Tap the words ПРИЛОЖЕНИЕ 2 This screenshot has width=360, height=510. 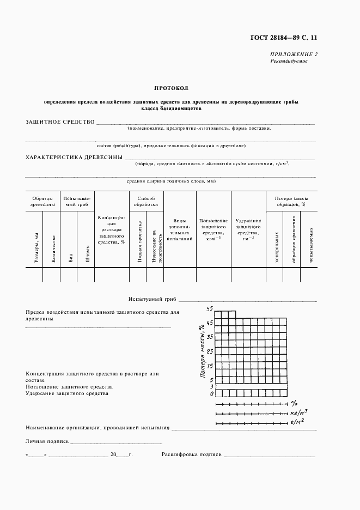pyautogui.click(x=294, y=54)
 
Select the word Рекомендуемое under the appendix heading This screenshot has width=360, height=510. pyautogui.click(x=289, y=61)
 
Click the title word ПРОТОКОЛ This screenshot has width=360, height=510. pyautogui.click(x=170, y=88)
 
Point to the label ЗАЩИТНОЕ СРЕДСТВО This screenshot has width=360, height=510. pyautogui.click(x=60, y=122)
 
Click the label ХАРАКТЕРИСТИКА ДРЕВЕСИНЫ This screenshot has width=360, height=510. pyautogui.click(x=74, y=157)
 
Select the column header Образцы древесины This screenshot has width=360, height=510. pyautogui.click(x=42, y=202)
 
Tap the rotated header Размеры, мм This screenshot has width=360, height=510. pyautogui.click(x=36, y=247)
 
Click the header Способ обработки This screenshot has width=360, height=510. pyautogui.click(x=147, y=202)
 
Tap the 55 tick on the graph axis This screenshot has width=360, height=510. pyautogui.click(x=209, y=309)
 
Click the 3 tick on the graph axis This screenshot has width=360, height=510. pyautogui.click(x=210, y=386)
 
